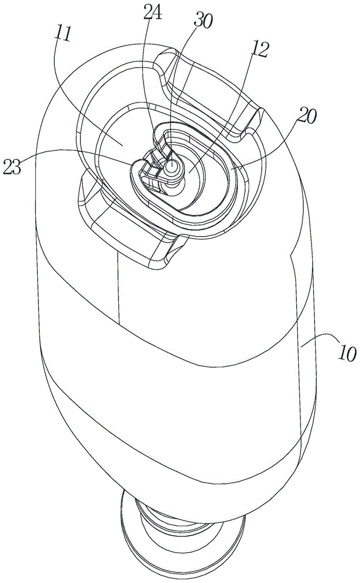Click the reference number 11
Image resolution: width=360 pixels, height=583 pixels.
[64, 34]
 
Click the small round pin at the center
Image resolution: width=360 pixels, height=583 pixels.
[171, 166]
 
